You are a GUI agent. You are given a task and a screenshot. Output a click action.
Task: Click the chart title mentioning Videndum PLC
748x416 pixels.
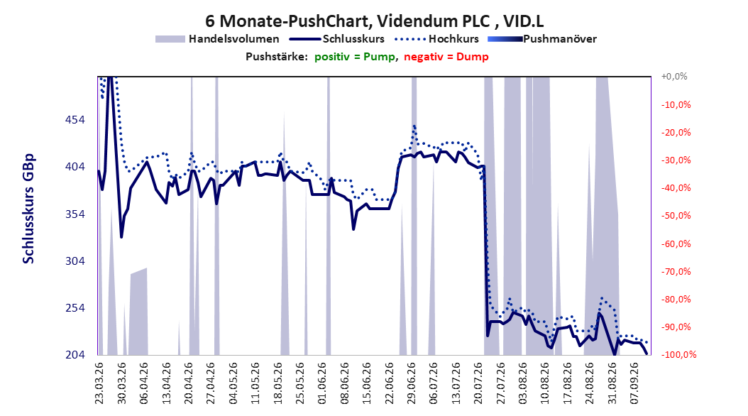pos(375,21)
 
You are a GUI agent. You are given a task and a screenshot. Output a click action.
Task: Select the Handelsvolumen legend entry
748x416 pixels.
pos(217,39)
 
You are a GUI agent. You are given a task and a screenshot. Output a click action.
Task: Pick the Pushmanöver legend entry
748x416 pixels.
pos(542,39)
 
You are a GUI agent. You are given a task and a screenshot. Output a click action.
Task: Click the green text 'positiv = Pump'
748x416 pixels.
pos(354,57)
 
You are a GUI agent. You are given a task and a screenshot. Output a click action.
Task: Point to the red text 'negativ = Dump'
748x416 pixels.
pos(446,57)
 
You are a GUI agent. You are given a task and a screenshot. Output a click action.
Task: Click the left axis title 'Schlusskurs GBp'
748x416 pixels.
pos(28,209)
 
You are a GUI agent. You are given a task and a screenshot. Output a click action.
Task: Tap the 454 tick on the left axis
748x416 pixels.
pos(75,120)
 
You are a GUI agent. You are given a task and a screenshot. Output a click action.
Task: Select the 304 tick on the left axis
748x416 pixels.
pos(75,261)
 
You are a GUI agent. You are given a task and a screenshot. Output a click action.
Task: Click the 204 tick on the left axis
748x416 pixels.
pos(75,355)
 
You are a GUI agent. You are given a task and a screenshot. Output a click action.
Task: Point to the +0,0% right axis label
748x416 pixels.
pos(674,77)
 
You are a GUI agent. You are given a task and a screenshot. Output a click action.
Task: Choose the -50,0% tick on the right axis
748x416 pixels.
pos(676,216)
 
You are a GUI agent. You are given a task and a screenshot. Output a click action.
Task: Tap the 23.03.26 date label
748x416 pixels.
pos(99,383)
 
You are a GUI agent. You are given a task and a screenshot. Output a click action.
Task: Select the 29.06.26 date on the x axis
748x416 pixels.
pos(411,383)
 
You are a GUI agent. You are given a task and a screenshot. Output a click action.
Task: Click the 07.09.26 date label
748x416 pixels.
pos(634,383)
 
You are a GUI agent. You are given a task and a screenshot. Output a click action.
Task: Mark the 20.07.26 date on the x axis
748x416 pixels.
pos(478,383)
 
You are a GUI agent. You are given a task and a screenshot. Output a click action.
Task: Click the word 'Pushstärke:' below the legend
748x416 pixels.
pos(277,57)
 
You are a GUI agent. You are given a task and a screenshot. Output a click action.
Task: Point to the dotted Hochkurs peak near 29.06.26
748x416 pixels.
pos(414,126)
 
